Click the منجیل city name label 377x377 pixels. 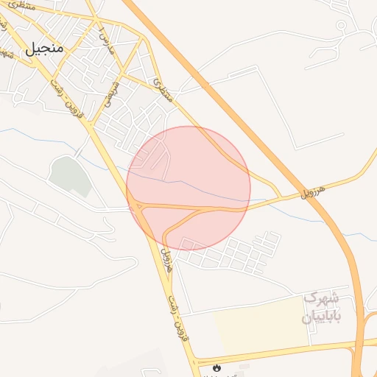(45, 49)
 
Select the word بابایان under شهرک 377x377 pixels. (317, 317)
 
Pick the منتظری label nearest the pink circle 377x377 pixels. (164, 90)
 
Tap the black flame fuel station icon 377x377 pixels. (216, 367)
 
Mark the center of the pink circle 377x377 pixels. (188, 188)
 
